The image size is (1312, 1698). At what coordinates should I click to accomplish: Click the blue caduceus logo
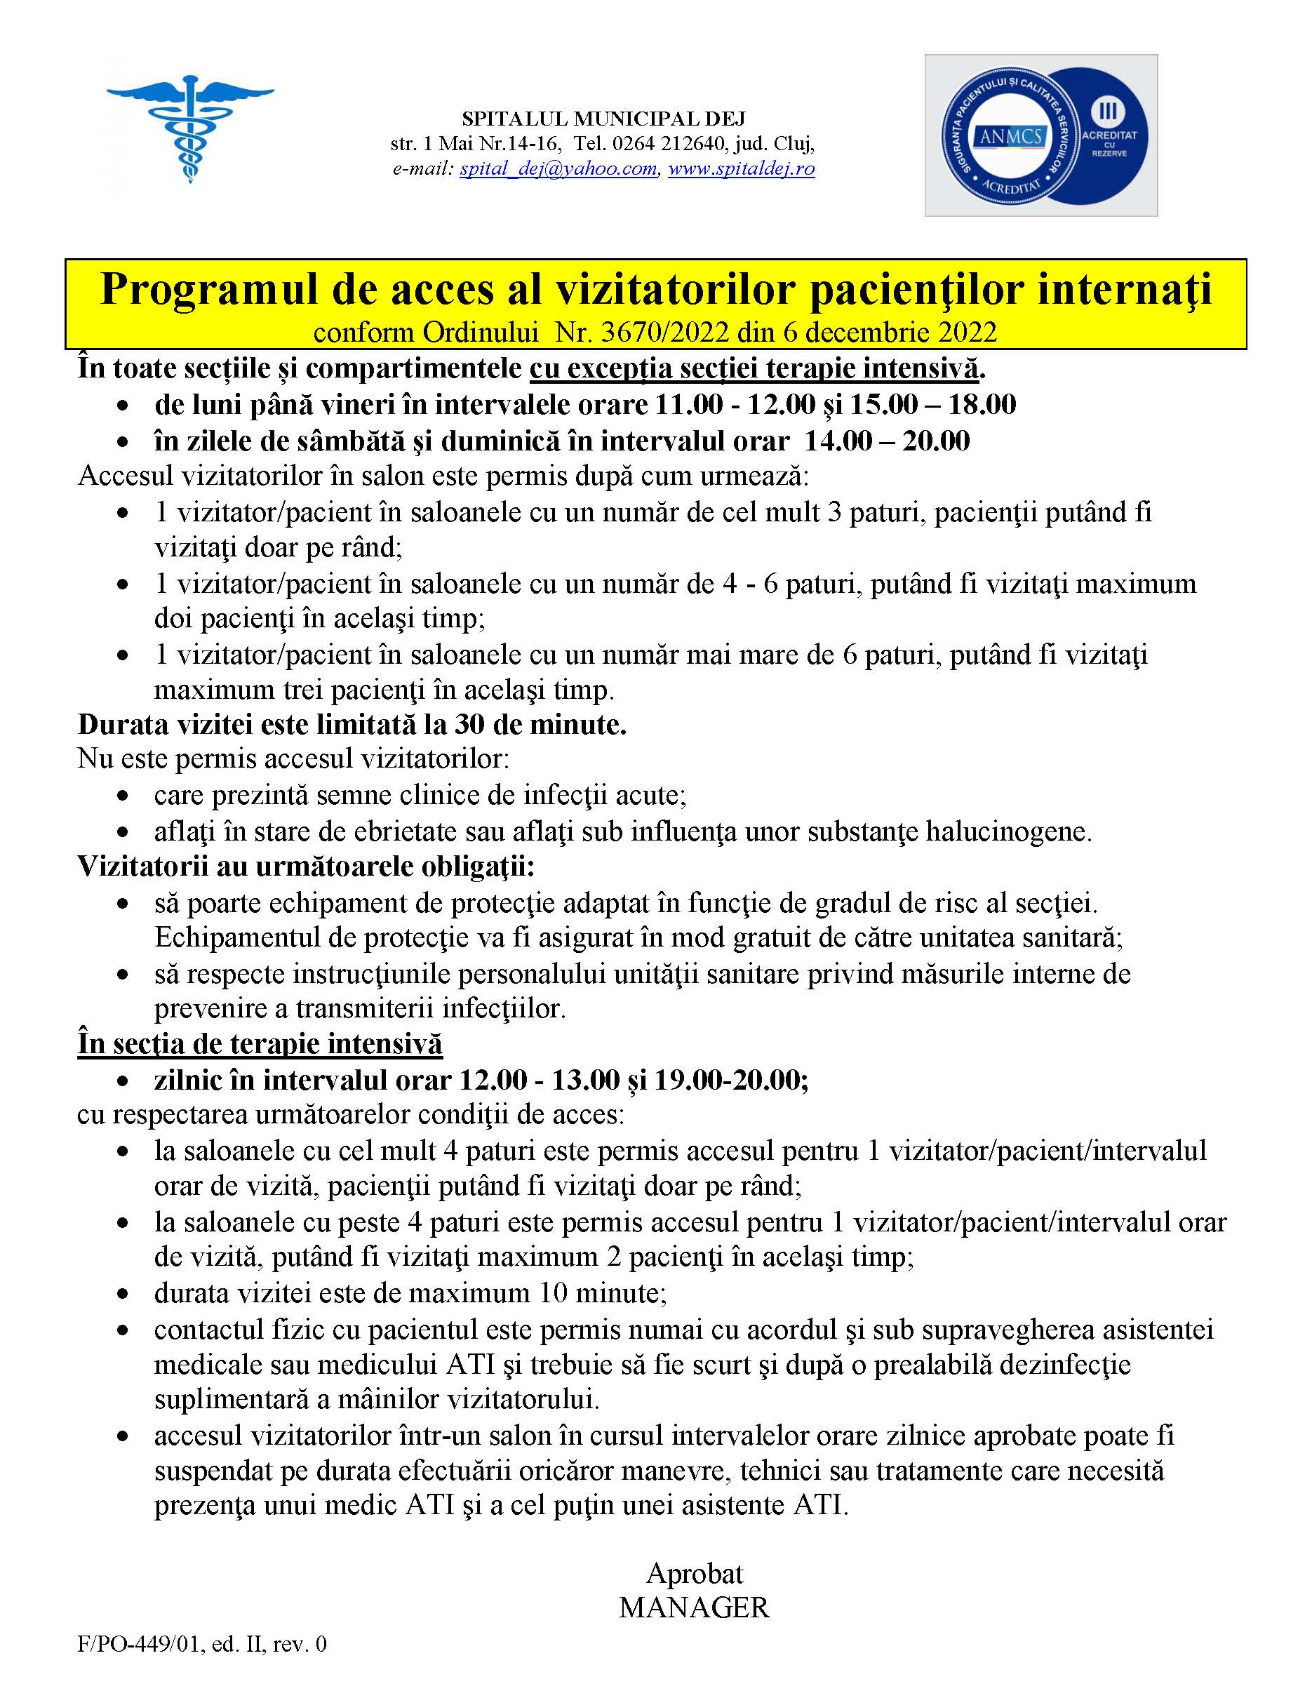click(x=189, y=128)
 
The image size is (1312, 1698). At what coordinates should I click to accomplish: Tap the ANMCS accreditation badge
click(x=1040, y=135)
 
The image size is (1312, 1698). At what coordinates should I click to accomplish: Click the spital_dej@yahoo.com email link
click(x=558, y=168)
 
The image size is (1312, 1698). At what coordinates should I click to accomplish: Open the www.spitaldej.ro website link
click(x=741, y=168)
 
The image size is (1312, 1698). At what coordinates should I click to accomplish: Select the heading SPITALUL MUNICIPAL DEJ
click(x=603, y=119)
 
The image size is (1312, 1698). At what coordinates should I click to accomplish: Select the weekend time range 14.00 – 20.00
click(x=887, y=441)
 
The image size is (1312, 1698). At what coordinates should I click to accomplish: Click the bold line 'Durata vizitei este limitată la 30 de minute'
click(x=352, y=725)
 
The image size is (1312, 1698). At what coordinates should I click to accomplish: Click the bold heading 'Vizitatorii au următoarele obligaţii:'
click(x=306, y=867)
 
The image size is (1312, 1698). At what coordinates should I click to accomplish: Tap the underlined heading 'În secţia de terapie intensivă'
click(x=260, y=1043)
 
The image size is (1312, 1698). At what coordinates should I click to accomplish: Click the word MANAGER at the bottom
click(x=694, y=1607)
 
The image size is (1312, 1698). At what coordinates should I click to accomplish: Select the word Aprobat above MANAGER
click(x=694, y=1573)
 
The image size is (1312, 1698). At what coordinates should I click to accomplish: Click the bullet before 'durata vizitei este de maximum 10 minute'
click(x=122, y=1295)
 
